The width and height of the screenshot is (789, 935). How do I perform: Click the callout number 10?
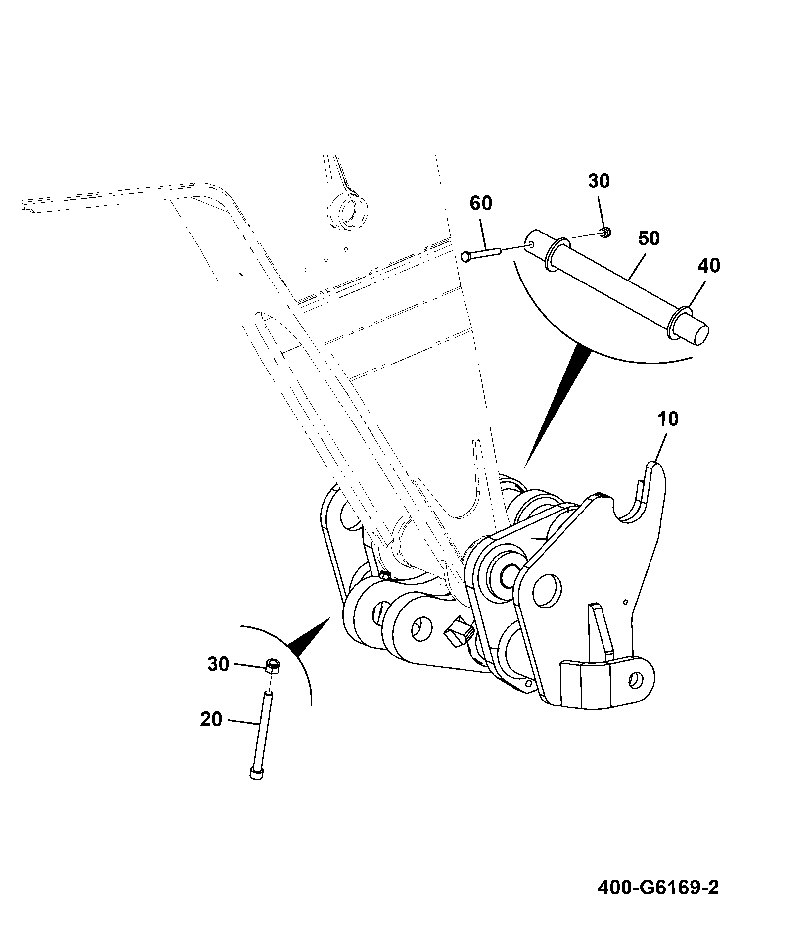[668, 420]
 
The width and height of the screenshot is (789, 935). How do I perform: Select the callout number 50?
[649, 238]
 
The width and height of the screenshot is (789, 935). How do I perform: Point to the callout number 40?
[709, 266]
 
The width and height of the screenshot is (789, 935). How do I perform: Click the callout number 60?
[481, 203]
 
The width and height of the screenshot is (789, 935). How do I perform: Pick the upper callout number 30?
[599, 181]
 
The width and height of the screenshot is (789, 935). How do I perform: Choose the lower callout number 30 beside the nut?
[218, 664]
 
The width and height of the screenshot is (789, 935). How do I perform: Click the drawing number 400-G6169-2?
[658, 888]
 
